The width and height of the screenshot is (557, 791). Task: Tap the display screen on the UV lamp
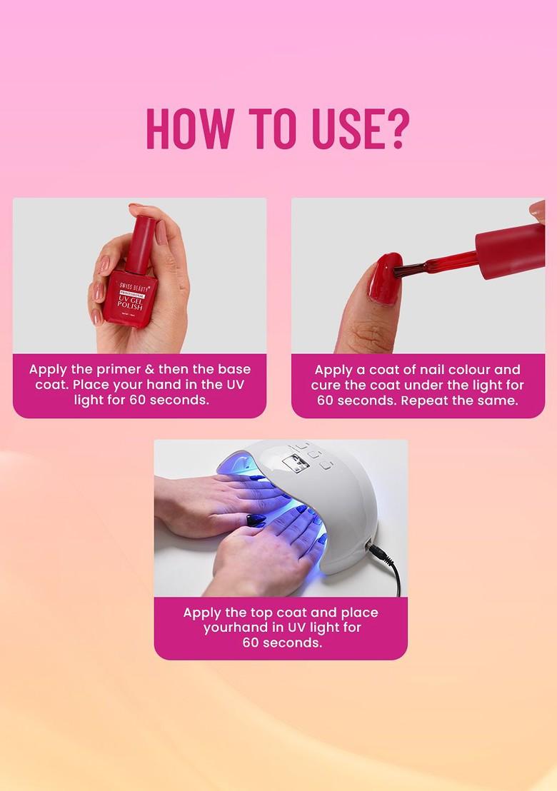click(293, 463)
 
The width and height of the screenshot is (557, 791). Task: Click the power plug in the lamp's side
click(373, 550)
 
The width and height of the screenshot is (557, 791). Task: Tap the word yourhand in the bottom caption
click(233, 628)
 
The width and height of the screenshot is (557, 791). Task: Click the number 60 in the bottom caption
click(251, 643)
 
